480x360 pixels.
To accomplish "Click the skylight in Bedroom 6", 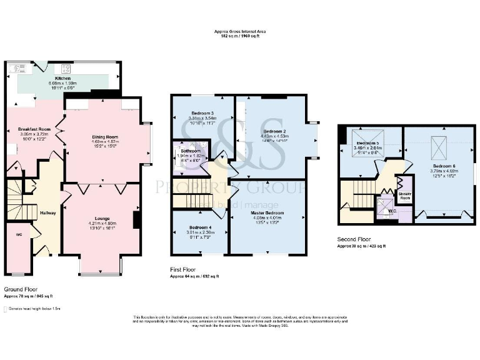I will tap(440, 142).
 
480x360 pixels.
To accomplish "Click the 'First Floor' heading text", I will tap(184, 269).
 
